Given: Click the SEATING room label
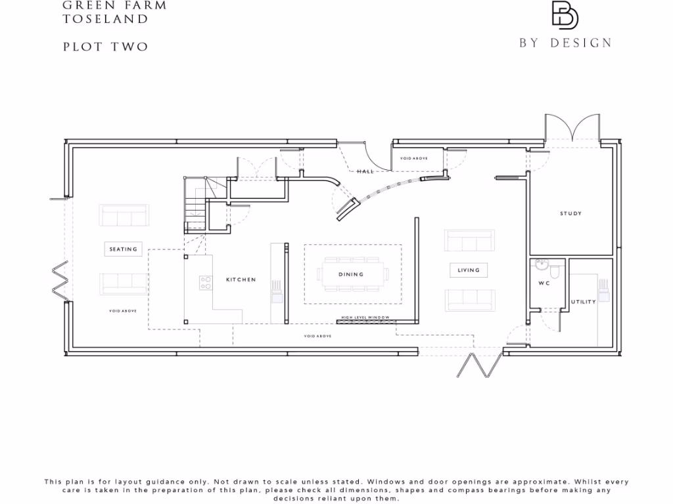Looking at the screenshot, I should coord(124,249).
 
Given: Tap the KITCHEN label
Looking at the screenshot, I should coord(241,280).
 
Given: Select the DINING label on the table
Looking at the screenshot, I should coord(351,274).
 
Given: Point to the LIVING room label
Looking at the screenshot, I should coord(469,270).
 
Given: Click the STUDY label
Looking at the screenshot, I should coord(570,213).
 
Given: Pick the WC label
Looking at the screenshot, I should coord(544,283).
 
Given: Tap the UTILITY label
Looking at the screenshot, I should coord(583,302).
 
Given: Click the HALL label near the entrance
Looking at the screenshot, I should coord(365,171).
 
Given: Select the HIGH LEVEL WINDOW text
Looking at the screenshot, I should coord(365,318).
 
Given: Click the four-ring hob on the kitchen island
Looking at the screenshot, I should coord(206,282).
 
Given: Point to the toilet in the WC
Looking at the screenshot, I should coord(555,270).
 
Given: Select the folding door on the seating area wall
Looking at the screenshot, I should coord(60,280).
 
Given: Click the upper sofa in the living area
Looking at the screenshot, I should coord(469,241).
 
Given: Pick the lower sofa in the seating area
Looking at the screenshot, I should coord(124,283).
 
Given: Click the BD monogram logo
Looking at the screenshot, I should coord(565,16).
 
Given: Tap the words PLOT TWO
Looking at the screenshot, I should coord(105,47).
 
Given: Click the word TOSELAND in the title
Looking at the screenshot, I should coord(105,19).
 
